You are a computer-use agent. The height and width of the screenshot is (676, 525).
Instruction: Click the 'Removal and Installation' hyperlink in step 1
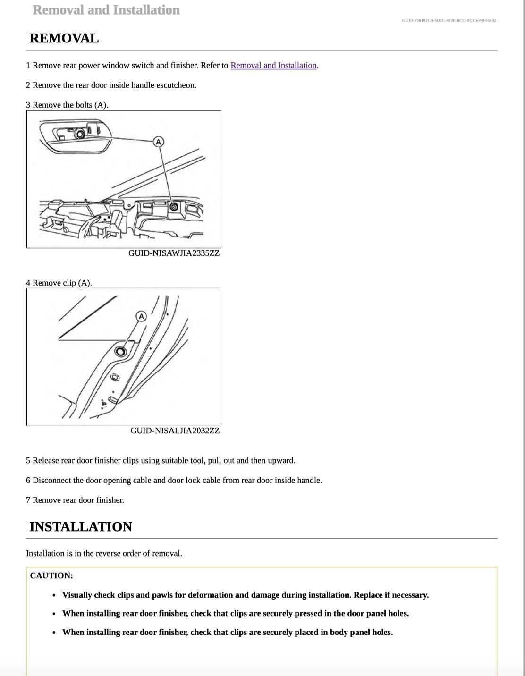pos(273,65)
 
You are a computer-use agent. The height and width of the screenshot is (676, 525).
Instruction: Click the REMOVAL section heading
pos(64,38)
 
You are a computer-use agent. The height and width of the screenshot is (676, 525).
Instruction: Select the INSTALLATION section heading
pos(81,526)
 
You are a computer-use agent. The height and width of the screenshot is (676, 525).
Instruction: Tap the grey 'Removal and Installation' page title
pos(106,10)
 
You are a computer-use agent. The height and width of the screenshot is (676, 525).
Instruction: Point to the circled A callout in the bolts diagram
pos(158,141)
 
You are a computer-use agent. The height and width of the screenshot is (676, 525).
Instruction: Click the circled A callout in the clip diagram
pos(141,316)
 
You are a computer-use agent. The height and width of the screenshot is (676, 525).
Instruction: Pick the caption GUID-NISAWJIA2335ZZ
pos(174,253)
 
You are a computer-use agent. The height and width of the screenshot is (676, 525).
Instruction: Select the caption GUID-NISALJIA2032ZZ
pos(175,431)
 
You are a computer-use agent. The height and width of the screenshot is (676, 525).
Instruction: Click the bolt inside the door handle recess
pos(80,134)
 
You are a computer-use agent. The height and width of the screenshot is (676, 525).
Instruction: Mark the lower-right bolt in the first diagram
pos(174,207)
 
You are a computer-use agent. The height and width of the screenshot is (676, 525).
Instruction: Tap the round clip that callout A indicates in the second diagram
pos(120,351)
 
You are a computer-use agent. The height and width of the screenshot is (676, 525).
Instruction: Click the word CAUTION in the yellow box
pos(51,575)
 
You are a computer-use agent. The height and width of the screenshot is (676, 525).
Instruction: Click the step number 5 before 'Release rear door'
pos(28,460)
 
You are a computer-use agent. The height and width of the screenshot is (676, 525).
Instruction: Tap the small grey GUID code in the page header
pos(449,20)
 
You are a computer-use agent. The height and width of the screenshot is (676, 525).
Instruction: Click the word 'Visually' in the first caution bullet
pos(77,595)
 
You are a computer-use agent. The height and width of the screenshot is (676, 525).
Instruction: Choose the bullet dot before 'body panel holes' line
pos(55,633)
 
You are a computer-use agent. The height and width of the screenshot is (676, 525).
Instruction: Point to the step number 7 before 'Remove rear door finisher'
pos(28,500)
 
